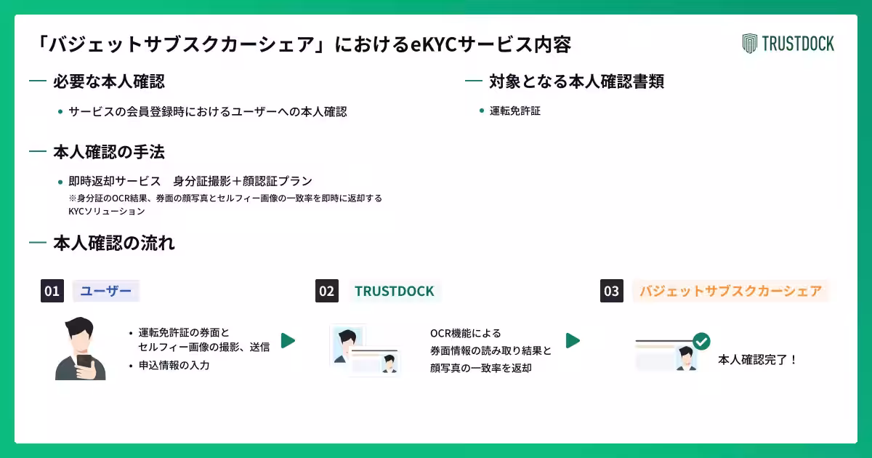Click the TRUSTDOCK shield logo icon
(749, 43)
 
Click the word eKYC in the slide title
(434, 44)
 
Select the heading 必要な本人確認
(109, 81)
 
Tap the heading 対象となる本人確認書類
(576, 81)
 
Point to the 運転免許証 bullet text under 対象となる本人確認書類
(515, 111)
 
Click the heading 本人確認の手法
(109, 152)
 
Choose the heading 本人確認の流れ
(114, 243)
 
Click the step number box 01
(52, 291)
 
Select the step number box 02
(327, 291)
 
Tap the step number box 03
(612, 291)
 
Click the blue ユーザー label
(106, 291)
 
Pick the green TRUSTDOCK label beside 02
(395, 292)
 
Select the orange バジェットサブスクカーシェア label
(731, 291)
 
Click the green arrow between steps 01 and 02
(288, 341)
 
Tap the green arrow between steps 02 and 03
(573, 341)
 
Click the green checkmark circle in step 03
(701, 342)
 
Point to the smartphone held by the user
(84, 363)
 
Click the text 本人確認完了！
(757, 359)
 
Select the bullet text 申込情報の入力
(174, 365)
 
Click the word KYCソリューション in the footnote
(107, 211)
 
